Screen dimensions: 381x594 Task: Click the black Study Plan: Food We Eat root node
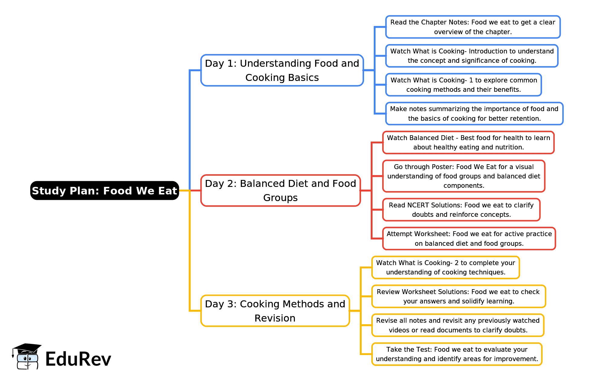(x=105, y=191)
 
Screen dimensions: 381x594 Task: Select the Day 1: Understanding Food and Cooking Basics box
(x=282, y=70)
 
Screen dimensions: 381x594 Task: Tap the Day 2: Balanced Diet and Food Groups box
(x=280, y=191)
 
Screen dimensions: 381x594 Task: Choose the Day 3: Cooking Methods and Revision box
(x=275, y=311)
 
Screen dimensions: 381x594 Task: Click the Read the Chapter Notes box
(x=473, y=27)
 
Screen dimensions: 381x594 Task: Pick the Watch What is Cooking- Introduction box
(x=472, y=56)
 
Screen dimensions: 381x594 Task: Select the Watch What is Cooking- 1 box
(x=463, y=85)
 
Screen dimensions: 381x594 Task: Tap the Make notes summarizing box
(x=474, y=114)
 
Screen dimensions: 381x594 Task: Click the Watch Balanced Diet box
(x=468, y=142)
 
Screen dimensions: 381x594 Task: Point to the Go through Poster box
(x=463, y=176)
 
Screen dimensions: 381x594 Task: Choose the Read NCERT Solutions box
(x=461, y=210)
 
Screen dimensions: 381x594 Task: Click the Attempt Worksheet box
(x=469, y=239)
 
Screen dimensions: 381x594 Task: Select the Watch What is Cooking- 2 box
(x=445, y=267)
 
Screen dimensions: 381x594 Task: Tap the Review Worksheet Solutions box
(x=458, y=296)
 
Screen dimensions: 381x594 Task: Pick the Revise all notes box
(x=458, y=325)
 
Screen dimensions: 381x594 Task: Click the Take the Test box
(x=457, y=354)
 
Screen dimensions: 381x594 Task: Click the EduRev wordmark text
(x=78, y=359)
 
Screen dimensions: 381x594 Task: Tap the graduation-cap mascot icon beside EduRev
(x=27, y=357)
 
